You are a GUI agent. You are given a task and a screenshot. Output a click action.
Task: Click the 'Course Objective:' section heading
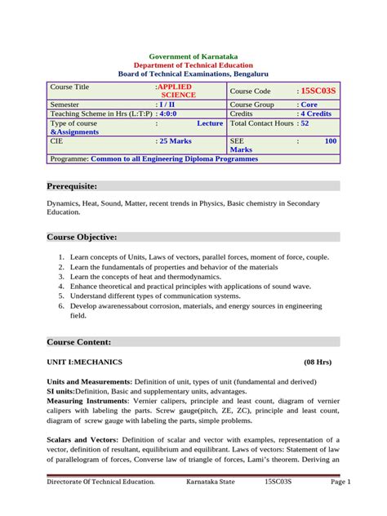coord(82,237)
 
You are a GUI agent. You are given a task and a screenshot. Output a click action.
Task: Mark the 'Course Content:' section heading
coord(78,341)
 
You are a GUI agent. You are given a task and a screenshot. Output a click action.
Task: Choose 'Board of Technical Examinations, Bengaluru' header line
coord(193,73)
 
